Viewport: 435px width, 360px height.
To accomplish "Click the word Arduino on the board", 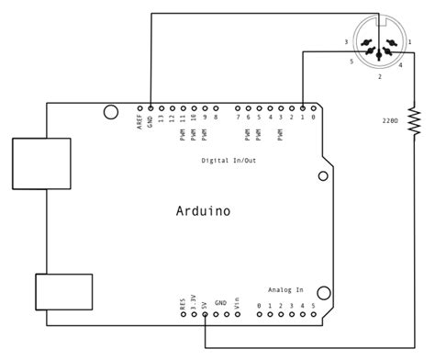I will point(203,211).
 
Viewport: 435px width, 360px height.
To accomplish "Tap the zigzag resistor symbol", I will point(415,119).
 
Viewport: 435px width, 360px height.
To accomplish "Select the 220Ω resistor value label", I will point(391,120).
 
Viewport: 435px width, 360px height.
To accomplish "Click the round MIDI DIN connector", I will point(378,46).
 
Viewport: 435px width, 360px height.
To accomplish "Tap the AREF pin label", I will point(139,120).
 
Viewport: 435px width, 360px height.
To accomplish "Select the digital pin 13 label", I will point(161,118).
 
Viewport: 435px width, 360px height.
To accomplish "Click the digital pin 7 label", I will point(238,117).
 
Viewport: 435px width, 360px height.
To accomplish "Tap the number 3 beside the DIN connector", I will point(345,42).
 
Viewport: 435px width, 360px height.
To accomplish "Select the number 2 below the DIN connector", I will point(378,77).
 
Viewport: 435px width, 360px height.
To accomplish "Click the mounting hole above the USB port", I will point(110,113).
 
